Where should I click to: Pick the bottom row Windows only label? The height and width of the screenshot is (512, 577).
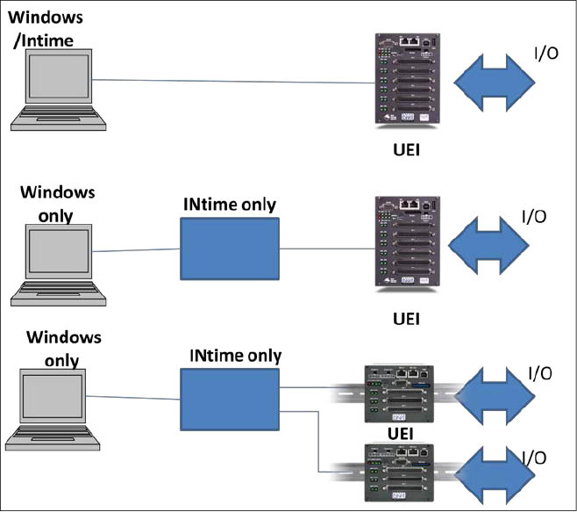click(x=64, y=348)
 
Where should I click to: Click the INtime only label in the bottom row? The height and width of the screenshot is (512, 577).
click(x=236, y=356)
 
